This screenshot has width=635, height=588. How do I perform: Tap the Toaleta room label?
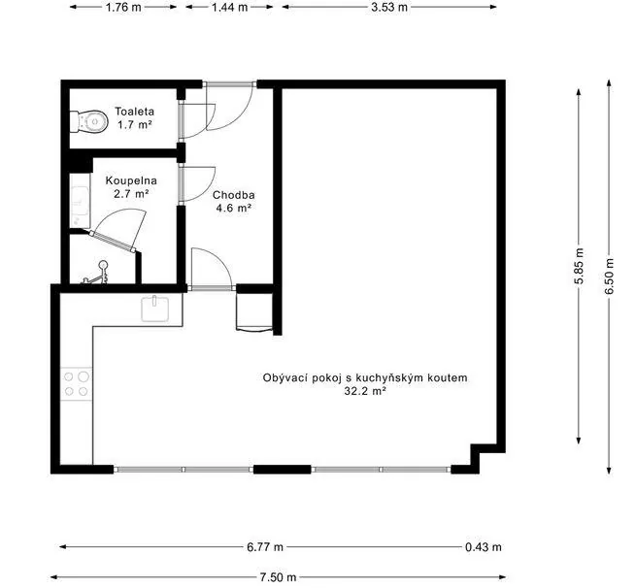[134, 112]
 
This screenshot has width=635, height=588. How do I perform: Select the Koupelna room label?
[131, 180]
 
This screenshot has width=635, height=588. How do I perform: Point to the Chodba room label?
[234, 195]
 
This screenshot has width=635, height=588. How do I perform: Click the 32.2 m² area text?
[364, 391]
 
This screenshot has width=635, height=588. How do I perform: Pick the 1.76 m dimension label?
[123, 8]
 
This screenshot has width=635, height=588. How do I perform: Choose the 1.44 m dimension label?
[229, 8]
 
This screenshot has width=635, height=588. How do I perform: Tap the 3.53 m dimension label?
[389, 8]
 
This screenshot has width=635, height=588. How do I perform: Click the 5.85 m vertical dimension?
[580, 266]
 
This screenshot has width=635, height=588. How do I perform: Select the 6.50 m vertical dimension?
[610, 276]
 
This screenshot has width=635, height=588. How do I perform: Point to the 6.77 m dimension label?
[265, 547]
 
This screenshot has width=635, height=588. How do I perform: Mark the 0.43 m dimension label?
[484, 547]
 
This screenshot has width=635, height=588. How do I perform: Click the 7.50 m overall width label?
[279, 577]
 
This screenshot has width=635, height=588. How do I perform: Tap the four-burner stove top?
[76, 384]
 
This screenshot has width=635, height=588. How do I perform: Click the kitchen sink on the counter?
[155, 309]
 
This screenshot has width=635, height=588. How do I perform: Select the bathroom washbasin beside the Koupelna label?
[80, 200]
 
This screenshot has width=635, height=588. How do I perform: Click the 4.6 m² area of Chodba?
[234, 209]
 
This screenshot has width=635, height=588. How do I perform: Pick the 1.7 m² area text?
[134, 124]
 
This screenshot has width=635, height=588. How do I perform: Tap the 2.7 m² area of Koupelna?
[131, 194]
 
